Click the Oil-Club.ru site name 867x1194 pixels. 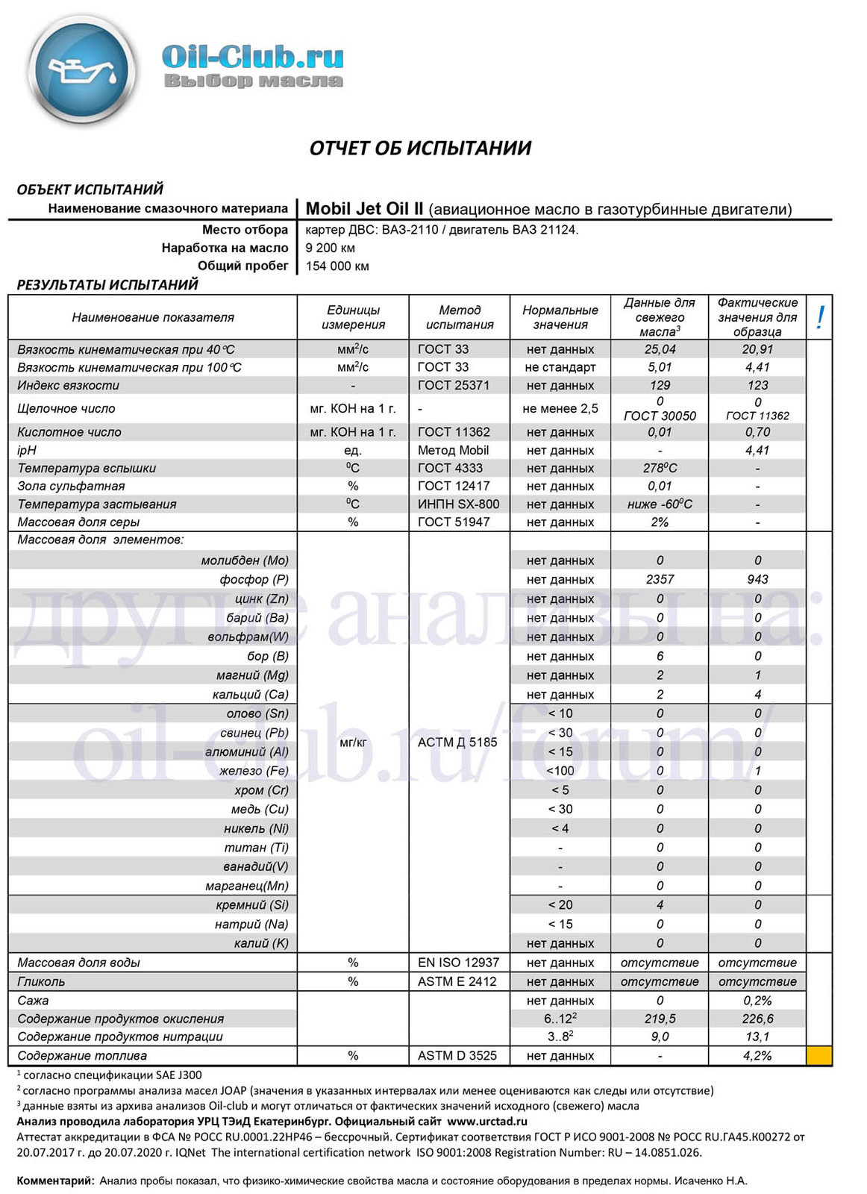pos(252,57)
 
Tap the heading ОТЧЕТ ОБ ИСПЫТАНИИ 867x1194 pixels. pos(420,148)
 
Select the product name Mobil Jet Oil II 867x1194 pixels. pos(365,209)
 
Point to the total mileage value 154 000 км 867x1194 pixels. pos(337,266)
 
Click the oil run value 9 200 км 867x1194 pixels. pos(330,248)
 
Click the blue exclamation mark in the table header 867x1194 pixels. pos(819,317)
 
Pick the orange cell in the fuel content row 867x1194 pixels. pos(819,1055)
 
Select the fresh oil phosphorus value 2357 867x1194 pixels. pos(660,579)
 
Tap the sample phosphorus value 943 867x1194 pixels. pos(757,579)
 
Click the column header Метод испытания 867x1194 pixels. pos(460,317)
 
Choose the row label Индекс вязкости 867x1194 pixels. pos(69,385)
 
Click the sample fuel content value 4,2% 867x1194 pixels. pos(757,1055)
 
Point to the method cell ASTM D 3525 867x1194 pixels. pos(457,1055)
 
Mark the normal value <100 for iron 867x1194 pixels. pos(560,771)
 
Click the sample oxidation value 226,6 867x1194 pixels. pos(757,1019)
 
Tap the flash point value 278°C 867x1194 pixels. pos(660,468)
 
